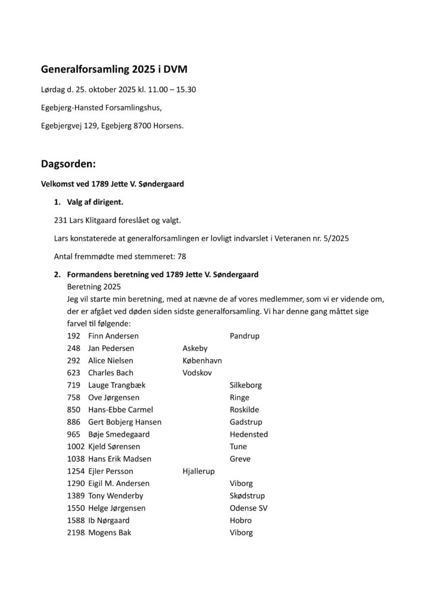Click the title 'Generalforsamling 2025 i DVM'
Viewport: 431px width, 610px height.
[114, 70]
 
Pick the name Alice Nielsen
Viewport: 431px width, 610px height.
[110, 360]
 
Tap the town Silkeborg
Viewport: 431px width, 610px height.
[245, 385]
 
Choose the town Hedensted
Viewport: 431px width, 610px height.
[248, 434]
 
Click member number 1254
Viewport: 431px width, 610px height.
[76, 471]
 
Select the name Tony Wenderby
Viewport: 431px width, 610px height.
[115, 496]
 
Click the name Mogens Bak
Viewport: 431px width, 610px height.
[110, 533]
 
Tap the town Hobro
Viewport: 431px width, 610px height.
[240, 520]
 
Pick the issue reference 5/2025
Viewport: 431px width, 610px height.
[334, 239]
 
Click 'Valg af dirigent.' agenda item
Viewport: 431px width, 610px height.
[95, 203]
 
